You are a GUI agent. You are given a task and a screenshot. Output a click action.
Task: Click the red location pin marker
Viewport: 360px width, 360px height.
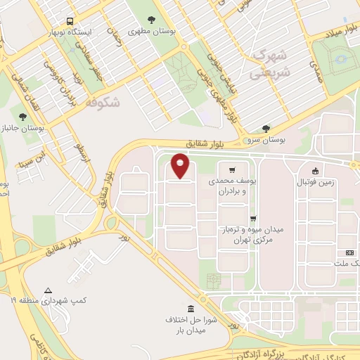[180, 165]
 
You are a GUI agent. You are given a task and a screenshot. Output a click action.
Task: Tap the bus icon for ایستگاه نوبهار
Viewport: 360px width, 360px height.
[70, 22]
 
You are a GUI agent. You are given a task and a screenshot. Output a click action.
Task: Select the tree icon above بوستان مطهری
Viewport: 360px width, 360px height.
[152, 20]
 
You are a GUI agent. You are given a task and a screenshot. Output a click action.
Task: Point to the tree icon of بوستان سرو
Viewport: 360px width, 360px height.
[265, 129]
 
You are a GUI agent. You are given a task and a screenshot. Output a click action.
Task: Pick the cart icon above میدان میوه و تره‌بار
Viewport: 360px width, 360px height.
[252, 219]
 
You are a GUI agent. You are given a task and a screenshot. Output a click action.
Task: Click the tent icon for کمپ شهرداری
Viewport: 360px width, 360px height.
[48, 290]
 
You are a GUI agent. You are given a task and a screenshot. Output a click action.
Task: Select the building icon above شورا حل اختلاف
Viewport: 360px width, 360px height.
[190, 309]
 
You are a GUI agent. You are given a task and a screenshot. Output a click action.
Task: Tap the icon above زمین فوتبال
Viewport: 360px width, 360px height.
[316, 170]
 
